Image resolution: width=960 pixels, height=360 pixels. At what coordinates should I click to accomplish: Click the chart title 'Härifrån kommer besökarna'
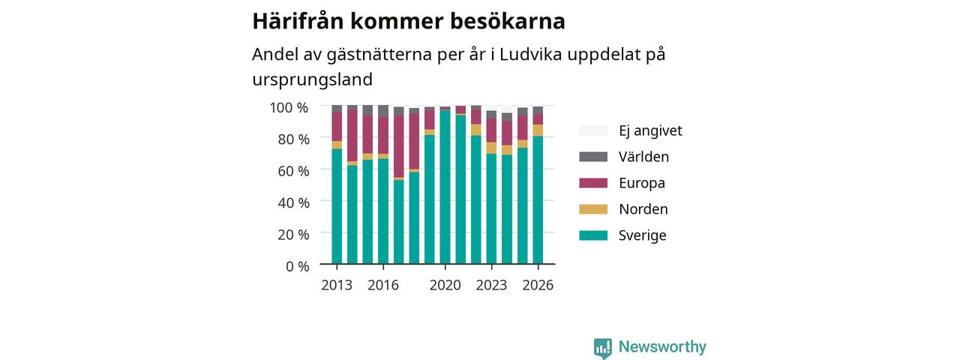(409, 22)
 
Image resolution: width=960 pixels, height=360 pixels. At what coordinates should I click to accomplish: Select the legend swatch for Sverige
(593, 235)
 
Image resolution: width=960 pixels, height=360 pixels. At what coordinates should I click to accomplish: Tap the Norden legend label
(643, 209)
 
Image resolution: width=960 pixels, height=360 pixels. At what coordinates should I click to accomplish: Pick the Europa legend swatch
(593, 183)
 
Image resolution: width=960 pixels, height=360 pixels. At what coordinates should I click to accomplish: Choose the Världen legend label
(643, 157)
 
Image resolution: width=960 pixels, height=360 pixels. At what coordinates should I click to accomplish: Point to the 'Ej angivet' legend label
(650, 130)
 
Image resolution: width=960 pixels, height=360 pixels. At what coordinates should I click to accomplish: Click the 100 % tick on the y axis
(289, 107)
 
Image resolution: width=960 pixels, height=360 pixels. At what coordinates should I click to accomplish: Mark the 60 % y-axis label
(293, 171)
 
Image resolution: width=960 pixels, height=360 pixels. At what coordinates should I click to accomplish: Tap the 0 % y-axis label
(298, 266)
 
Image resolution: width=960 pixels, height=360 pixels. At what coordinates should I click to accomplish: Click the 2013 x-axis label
(337, 285)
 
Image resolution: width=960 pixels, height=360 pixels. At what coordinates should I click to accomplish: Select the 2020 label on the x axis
(445, 285)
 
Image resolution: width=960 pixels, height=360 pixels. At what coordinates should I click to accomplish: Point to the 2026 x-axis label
(538, 285)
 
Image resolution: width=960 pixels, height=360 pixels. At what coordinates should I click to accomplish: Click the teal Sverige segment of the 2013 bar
(337, 206)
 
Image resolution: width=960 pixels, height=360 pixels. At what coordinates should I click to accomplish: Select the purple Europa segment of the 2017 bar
(398, 146)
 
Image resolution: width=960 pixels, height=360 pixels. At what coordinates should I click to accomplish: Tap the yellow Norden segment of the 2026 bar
(538, 130)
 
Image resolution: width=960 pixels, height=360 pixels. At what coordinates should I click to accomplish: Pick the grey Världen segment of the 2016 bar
(383, 111)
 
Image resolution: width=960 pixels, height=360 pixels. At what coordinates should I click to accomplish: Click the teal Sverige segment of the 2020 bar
(445, 187)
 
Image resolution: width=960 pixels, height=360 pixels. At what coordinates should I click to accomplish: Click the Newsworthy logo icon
(602, 348)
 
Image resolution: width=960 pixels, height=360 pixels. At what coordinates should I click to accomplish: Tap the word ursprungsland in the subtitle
(313, 79)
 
